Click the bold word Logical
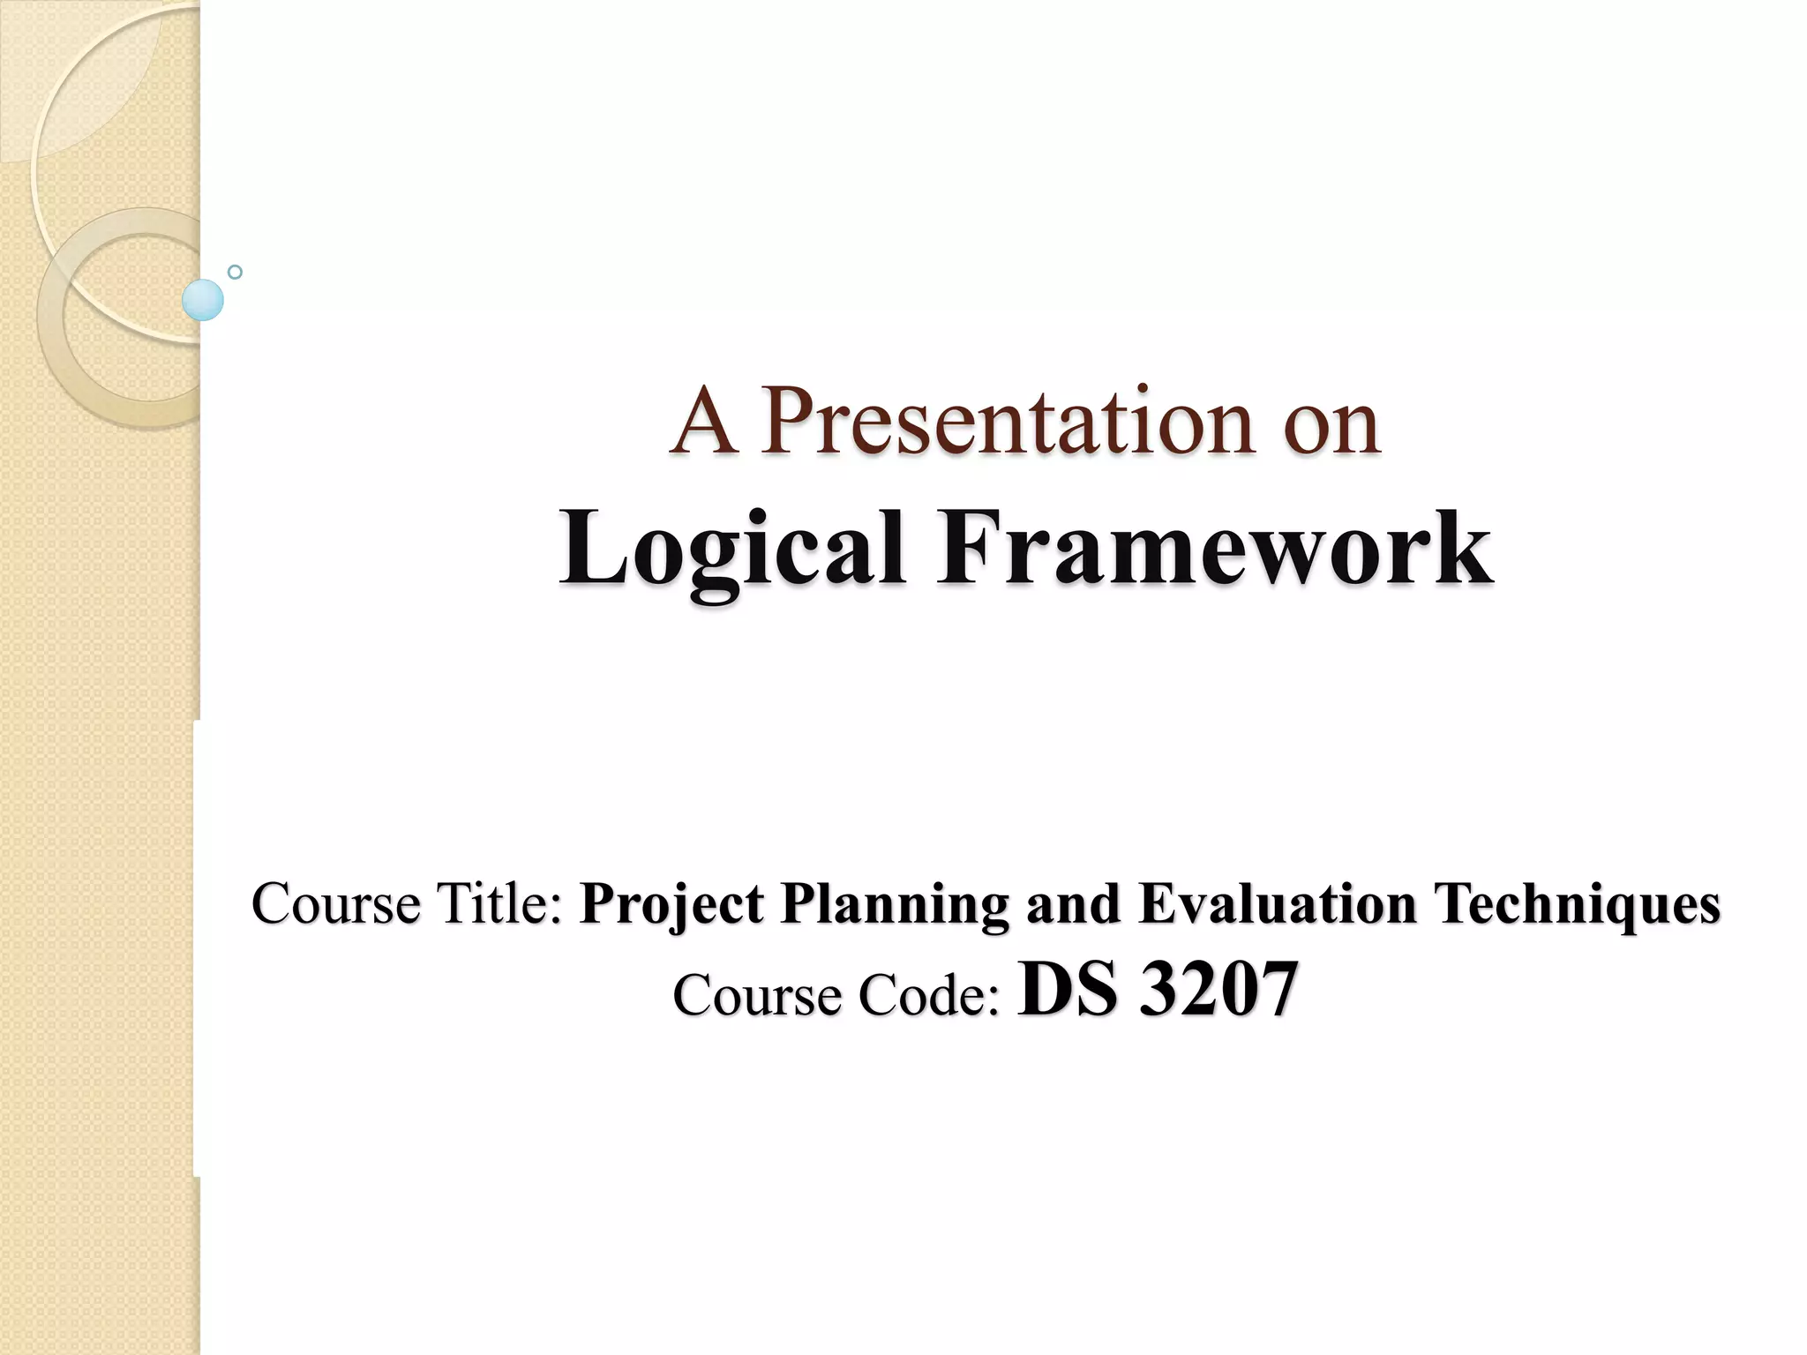732,550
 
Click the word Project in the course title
671,905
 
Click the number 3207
1218,990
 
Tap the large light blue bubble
203,300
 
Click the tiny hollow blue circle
235,272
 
